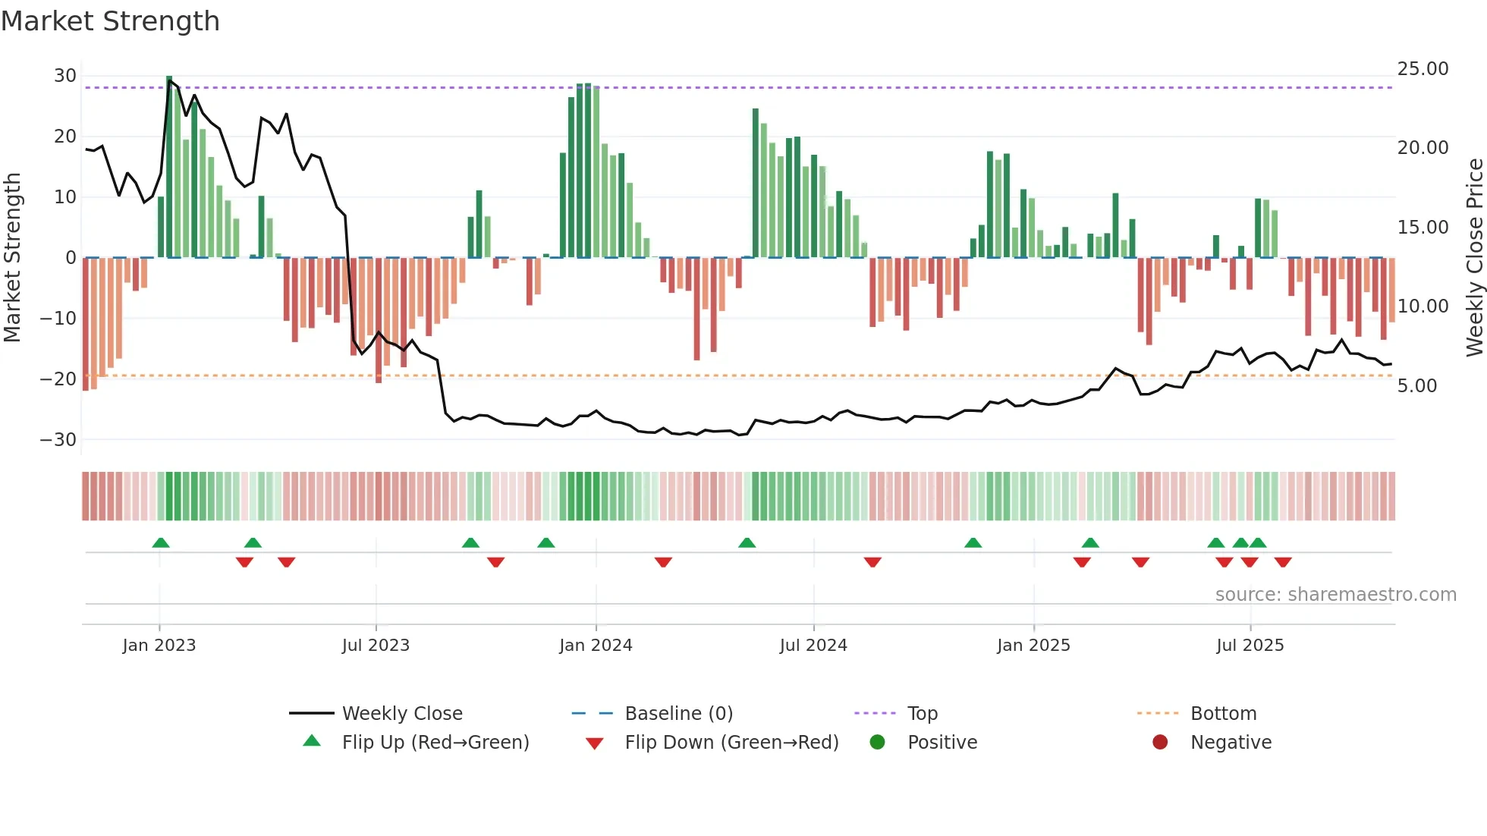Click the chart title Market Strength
tap(110, 21)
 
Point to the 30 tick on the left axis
tap(65, 76)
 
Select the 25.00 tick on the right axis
tap(1423, 69)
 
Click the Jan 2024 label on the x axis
tap(596, 646)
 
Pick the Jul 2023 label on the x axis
tap(376, 646)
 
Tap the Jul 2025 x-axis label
tap(1250, 646)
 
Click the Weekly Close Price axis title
tap(1474, 258)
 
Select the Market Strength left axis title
tap(12, 258)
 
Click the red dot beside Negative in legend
tap(1160, 743)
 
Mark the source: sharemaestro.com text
tap(1335, 595)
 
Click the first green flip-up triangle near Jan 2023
tap(161, 542)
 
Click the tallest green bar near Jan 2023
tap(169, 167)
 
